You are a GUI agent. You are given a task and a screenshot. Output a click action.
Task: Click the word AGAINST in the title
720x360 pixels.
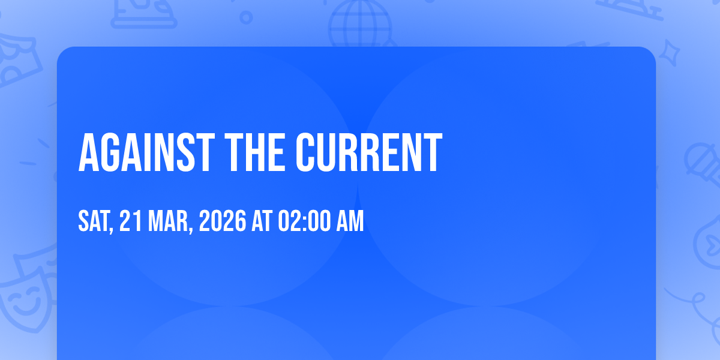point(146,152)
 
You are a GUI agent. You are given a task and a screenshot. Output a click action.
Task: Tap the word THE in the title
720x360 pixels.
point(255,152)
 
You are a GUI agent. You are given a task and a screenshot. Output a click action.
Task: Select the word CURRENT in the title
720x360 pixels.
point(369,152)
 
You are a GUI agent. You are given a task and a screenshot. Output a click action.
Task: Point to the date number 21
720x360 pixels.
point(130,221)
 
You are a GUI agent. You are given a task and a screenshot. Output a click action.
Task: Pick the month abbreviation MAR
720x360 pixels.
point(168,221)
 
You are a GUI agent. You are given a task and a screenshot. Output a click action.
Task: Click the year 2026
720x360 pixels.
point(223,221)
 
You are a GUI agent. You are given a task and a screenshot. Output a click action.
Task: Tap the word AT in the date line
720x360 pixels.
point(262,221)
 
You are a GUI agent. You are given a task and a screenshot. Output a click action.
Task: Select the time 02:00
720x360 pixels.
point(304,221)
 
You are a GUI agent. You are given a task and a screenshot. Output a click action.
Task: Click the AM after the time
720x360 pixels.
point(350,221)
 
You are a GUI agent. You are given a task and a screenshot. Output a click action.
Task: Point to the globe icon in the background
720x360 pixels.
point(361,24)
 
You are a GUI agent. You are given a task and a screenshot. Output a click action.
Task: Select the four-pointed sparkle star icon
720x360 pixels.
point(669,53)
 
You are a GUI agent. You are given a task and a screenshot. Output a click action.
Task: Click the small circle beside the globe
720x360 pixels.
point(246,17)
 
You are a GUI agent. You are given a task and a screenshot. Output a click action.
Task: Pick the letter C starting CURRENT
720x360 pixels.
point(304,152)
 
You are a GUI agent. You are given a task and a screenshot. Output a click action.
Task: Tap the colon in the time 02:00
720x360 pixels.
point(304,223)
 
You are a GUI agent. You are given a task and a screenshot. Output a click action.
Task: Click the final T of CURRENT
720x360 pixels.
point(434,152)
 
